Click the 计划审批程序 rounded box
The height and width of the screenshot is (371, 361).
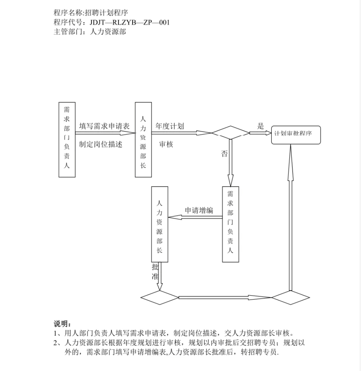pyautogui.click(x=296, y=135)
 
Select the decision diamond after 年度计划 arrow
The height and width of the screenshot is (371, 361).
pyautogui.click(x=231, y=133)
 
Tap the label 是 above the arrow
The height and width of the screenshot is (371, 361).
pyautogui.click(x=260, y=126)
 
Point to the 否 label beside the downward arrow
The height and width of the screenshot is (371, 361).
pyautogui.click(x=224, y=154)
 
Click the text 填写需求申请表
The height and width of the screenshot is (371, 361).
pyautogui.click(x=105, y=126)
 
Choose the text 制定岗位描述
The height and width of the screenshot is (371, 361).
pyautogui.click(x=101, y=144)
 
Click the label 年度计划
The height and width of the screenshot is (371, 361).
pyautogui.click(x=170, y=126)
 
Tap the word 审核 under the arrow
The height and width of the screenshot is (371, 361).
pyautogui.click(x=166, y=144)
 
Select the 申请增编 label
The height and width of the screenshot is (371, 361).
pyautogui.click(x=199, y=210)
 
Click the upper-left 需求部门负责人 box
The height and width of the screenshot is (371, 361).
pyautogui.click(x=67, y=139)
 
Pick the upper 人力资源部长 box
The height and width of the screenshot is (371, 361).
pyautogui.click(x=143, y=139)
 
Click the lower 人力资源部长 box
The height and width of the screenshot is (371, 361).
pyautogui.click(x=160, y=224)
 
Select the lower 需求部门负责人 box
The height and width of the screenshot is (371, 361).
pyautogui.click(x=231, y=224)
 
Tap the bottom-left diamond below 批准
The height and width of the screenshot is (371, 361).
pyautogui.click(x=160, y=297)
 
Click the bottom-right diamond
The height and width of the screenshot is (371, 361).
pyautogui.click(x=291, y=297)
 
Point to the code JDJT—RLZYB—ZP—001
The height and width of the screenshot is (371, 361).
pyautogui.click(x=130, y=22)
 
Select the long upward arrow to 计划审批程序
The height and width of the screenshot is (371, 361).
pyautogui.click(x=291, y=217)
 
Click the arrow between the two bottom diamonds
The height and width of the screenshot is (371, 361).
pyautogui.click(x=225, y=297)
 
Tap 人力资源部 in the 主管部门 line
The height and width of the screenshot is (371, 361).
pyautogui.click(x=108, y=31)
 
